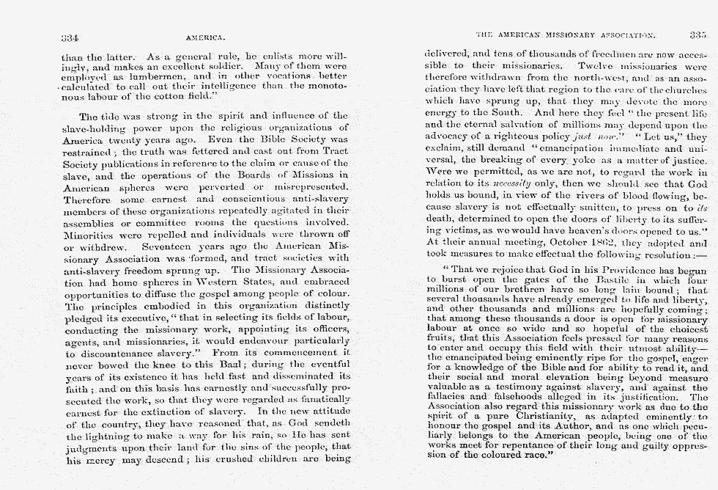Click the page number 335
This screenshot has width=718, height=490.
(697, 34)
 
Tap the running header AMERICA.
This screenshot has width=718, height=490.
(205, 36)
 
